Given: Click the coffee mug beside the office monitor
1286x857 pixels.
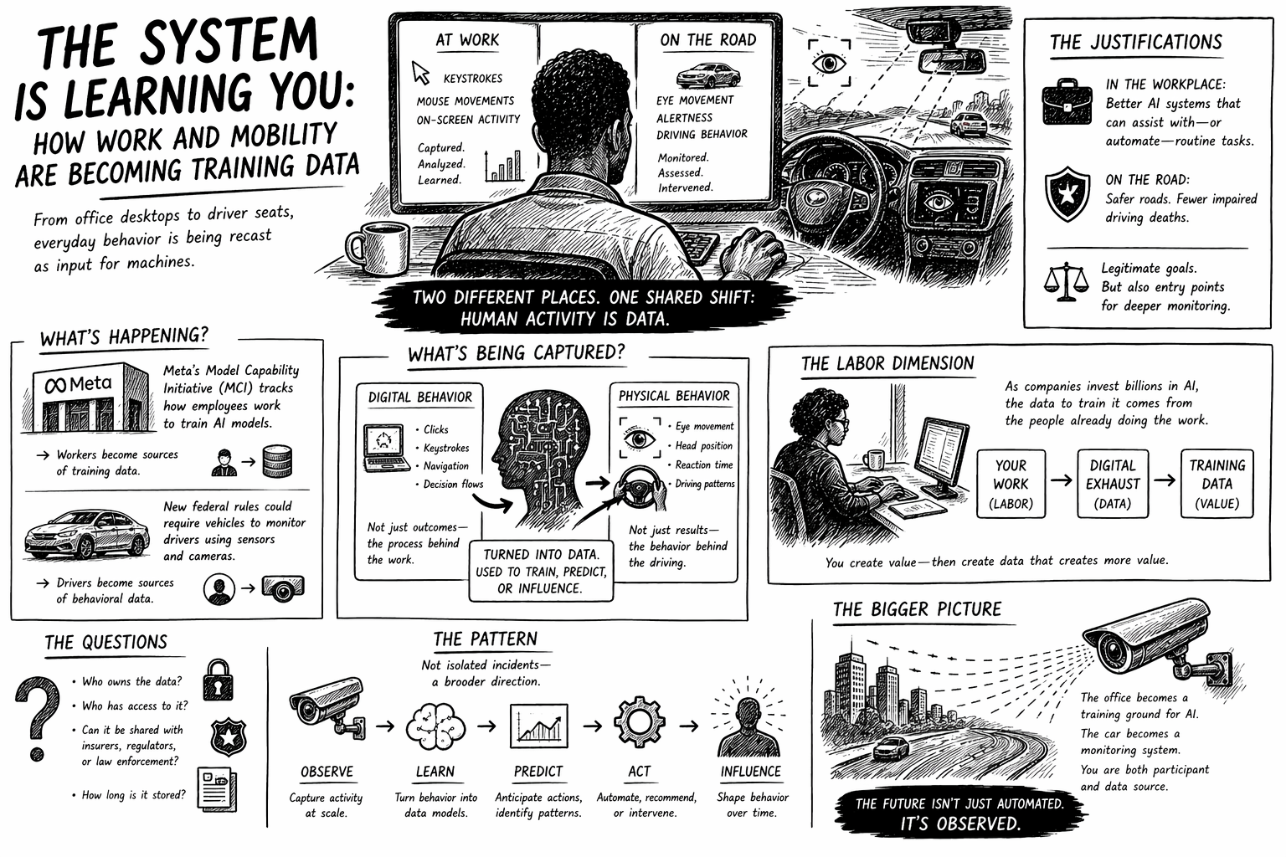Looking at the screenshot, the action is [x=377, y=248].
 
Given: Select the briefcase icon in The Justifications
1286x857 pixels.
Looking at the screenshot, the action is [x=1067, y=102].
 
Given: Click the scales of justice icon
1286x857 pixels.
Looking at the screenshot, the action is [x=1066, y=282].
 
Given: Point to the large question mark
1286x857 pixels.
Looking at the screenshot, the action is [x=38, y=717].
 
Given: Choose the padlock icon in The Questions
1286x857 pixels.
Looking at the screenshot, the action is [x=219, y=680].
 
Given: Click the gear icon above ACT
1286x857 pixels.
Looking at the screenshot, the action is [x=639, y=721].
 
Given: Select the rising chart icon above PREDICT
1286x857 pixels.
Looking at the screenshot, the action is [x=538, y=726].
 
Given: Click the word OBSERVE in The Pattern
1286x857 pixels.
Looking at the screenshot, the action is [x=327, y=772].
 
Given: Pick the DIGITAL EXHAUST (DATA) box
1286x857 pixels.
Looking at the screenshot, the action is [x=1113, y=484].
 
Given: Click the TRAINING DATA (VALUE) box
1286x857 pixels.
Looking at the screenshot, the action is [x=1217, y=484].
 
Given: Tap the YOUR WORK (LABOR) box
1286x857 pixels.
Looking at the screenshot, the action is [x=1011, y=484].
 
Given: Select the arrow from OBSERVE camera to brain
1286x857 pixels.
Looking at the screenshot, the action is [x=385, y=726].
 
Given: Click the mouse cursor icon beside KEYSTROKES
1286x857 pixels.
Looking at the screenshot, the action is [x=421, y=73].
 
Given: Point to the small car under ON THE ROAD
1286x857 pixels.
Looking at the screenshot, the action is [x=707, y=75].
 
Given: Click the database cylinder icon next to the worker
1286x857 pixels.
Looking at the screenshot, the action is [x=277, y=461].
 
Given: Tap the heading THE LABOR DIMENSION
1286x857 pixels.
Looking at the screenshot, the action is [x=887, y=363].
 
